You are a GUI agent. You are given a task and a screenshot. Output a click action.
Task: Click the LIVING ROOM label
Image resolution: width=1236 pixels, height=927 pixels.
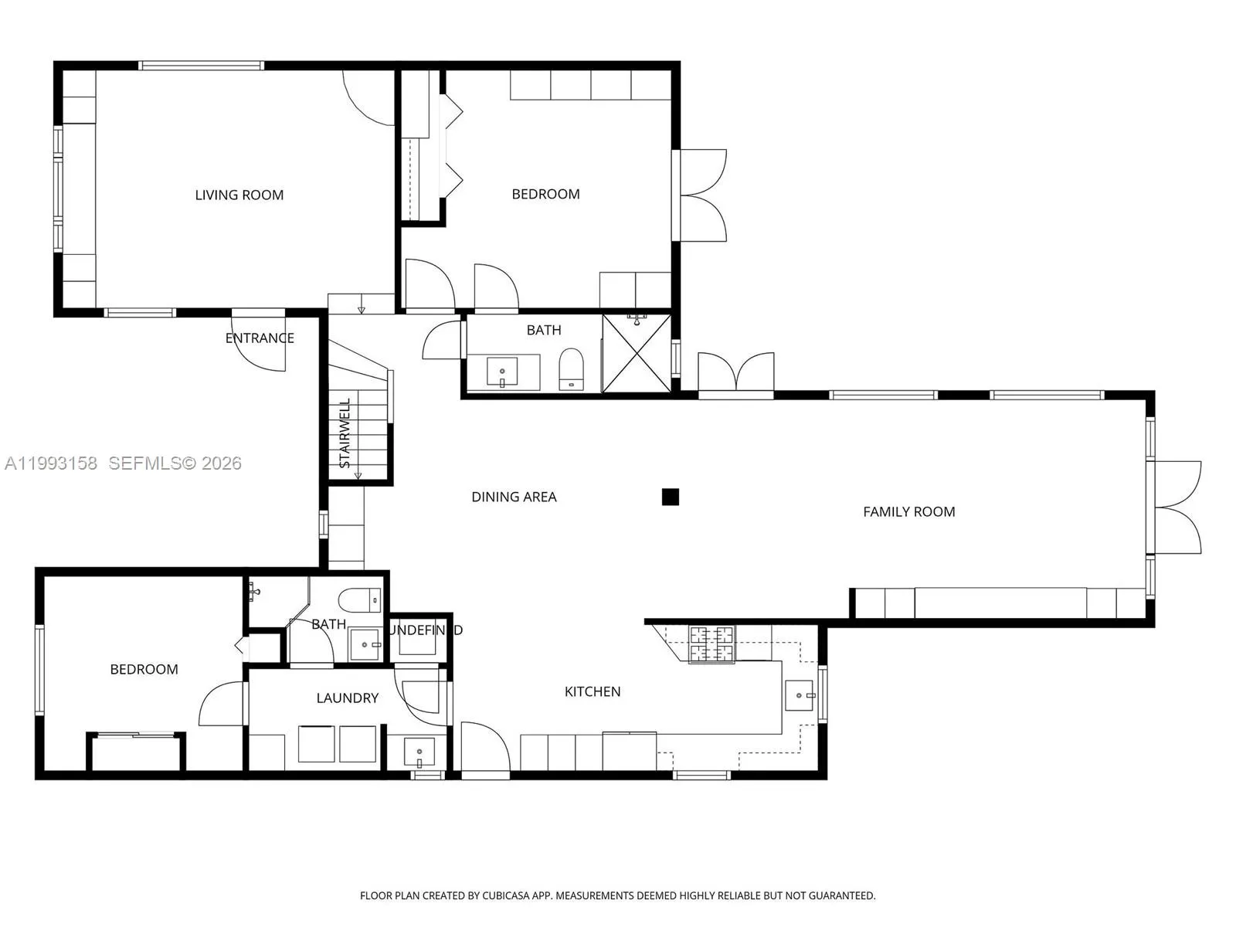tap(239, 195)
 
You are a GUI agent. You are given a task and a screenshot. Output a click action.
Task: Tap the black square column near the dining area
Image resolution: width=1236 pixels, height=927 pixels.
tap(671, 497)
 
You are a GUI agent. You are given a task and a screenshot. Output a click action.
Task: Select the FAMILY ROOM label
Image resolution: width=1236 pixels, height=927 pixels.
tap(908, 511)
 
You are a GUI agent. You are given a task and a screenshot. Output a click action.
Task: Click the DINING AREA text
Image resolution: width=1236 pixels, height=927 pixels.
tap(514, 497)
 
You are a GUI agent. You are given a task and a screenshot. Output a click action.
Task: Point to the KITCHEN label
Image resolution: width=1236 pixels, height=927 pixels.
tap(593, 691)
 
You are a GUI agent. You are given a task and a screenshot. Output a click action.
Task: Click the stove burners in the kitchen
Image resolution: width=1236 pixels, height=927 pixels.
tap(711, 644)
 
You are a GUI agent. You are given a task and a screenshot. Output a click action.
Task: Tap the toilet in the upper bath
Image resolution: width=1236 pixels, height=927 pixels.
tap(571, 370)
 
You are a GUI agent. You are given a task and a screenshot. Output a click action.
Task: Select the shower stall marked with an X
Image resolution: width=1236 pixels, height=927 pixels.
tap(637, 352)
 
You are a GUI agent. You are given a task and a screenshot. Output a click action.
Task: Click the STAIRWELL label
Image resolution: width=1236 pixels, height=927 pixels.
tap(345, 433)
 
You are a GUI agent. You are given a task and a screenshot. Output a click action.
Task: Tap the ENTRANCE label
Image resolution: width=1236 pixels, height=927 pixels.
tap(260, 338)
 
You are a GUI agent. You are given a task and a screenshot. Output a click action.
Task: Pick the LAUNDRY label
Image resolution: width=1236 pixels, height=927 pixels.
tap(347, 698)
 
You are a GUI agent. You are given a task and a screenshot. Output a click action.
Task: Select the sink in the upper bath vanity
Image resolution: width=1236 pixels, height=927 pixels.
tap(503, 372)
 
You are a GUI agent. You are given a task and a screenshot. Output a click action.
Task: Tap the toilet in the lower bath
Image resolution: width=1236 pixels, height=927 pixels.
tap(360, 599)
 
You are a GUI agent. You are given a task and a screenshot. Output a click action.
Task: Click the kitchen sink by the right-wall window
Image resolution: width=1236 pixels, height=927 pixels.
tap(800, 695)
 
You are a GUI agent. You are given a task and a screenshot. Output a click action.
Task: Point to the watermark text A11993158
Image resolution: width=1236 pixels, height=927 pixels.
tap(51, 463)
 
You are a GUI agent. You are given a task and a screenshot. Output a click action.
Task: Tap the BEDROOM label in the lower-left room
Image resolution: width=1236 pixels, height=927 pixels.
tap(144, 670)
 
